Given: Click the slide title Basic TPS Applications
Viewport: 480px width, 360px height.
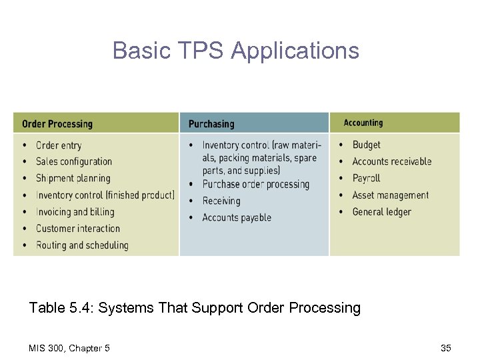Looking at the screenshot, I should pos(236,51).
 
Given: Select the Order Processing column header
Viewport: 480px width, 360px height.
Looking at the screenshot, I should pos(57,123).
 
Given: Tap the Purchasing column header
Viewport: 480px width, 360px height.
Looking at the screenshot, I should pos(211,123).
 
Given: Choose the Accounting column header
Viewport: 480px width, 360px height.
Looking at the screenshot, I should pos(363,123).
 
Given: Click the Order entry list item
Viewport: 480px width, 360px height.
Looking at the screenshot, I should pos(59,145).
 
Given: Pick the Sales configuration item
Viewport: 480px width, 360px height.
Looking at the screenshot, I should pos(73,161).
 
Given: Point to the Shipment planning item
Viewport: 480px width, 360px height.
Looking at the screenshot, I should pos(73,178).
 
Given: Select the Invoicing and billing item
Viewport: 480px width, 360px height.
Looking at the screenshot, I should pos(75,212).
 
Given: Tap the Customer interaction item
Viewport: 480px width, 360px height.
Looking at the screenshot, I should pos(79,229).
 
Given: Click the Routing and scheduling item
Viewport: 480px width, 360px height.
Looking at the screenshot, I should pos(82,245).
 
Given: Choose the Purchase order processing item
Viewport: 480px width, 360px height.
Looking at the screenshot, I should pos(255,184).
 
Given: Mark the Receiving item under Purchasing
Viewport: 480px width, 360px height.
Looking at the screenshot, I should pos(221,201).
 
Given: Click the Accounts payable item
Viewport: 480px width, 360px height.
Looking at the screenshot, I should pos(237,217).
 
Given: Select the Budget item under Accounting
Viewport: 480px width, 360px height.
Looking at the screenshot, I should pos(366,145).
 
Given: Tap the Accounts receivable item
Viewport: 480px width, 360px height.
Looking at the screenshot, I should pos(391,161).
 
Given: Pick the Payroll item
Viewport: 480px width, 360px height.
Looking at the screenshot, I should pos(366,178).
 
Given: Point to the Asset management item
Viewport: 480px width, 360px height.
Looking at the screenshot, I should pos(390,195).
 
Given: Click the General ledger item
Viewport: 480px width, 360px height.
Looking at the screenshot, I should pos(381,212).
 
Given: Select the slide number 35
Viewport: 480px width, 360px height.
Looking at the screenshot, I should pos(445,347).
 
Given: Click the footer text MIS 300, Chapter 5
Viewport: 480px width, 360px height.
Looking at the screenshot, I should pos(70,347).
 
